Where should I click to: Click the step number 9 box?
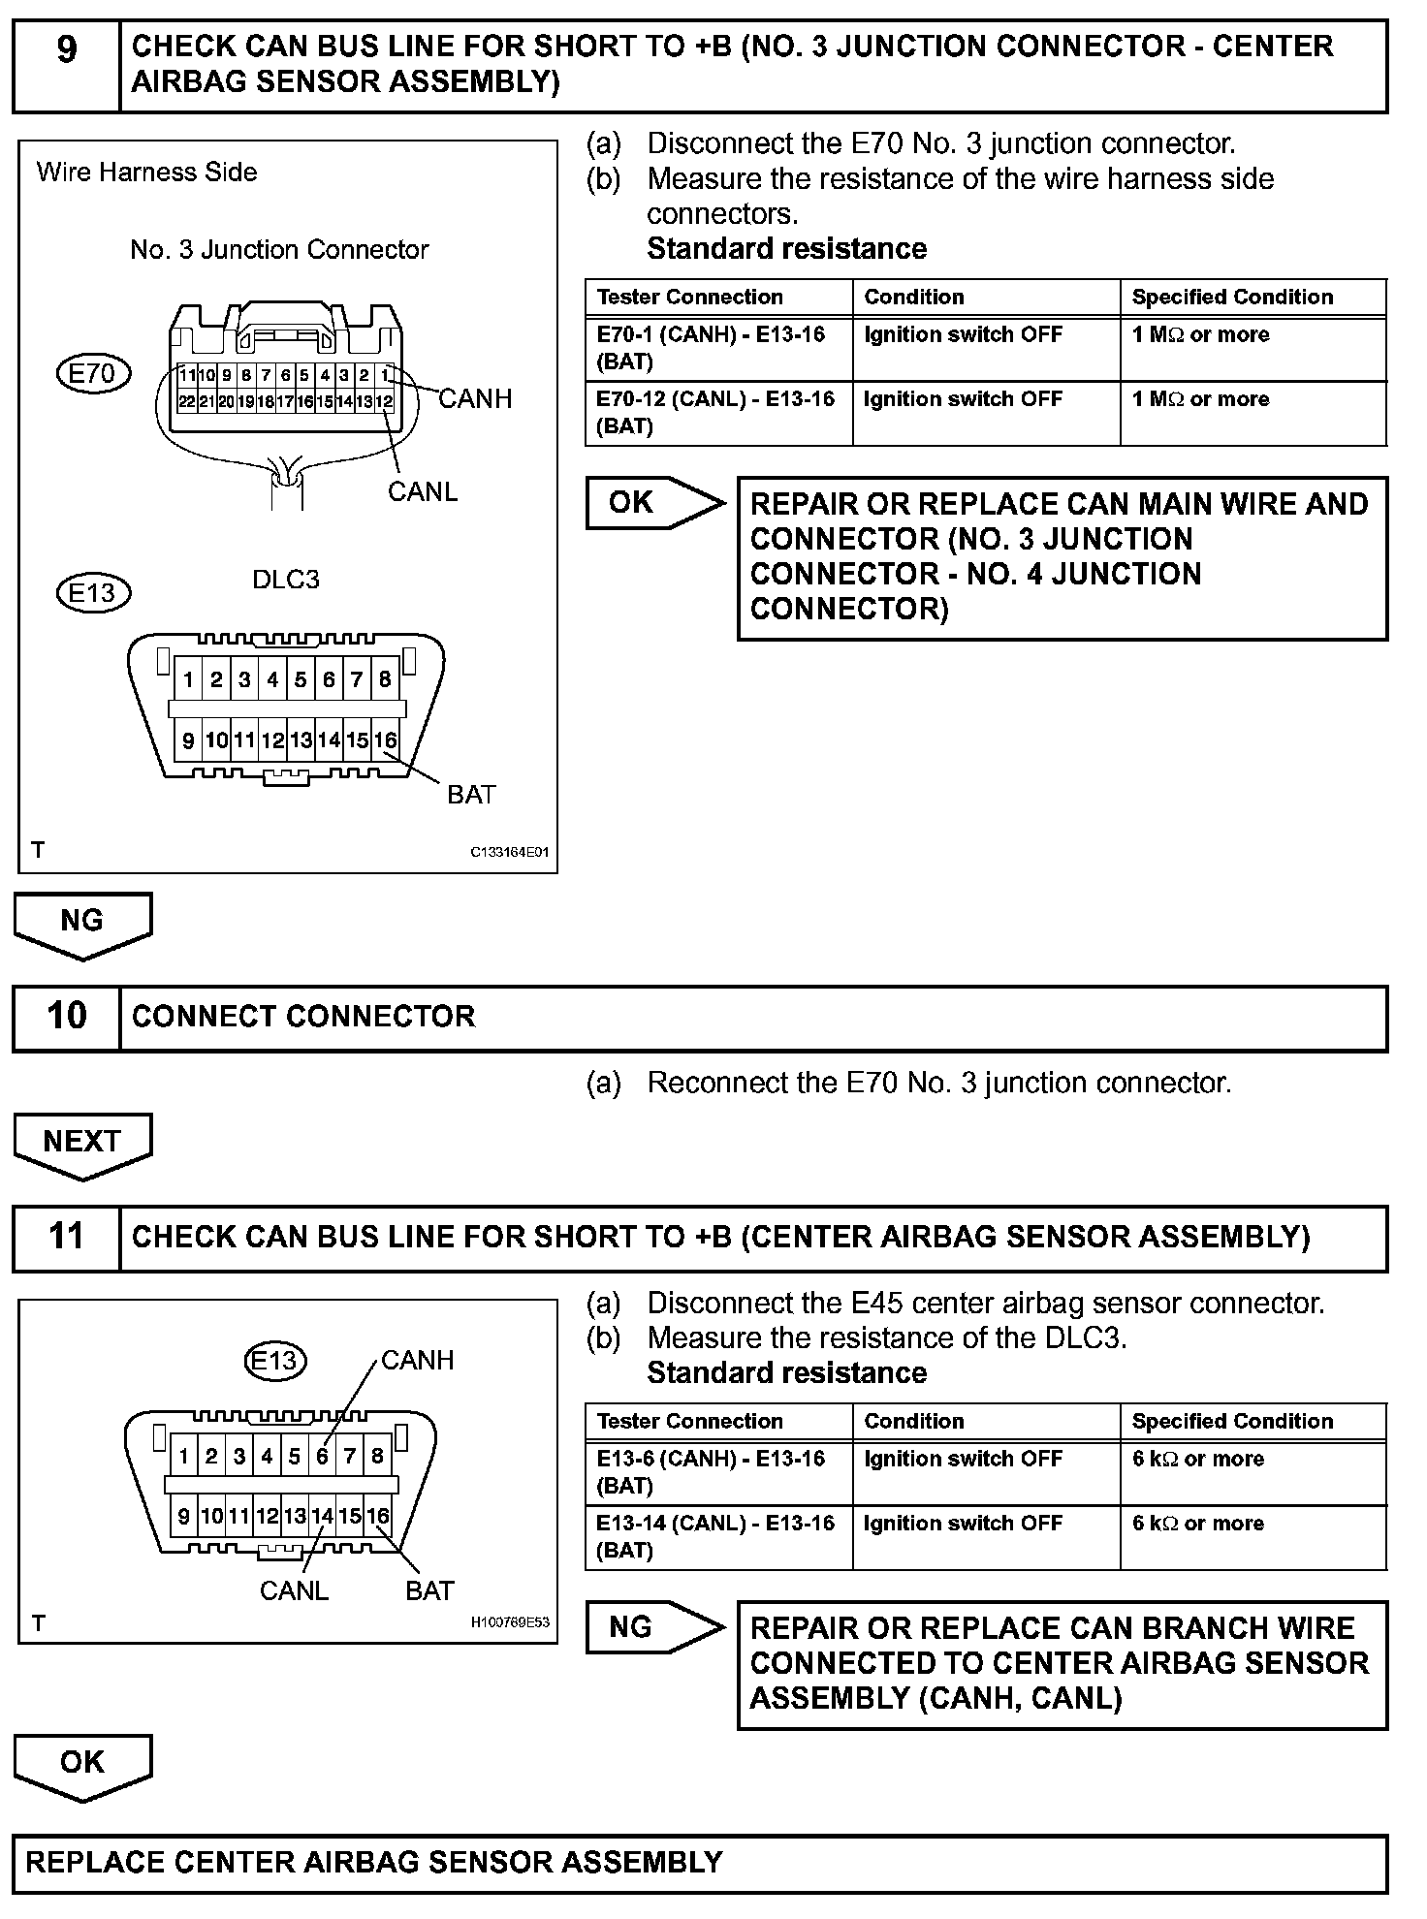(66, 65)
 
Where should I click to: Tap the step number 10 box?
(66, 1017)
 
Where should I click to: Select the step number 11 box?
(66, 1238)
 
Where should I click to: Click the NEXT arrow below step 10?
(82, 1143)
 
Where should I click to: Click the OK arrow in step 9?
(652, 503)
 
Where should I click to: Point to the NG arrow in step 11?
(652, 1627)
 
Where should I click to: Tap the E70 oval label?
(93, 374)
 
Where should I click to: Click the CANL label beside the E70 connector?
(423, 492)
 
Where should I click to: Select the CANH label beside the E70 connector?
(475, 399)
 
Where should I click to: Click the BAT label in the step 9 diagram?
(471, 795)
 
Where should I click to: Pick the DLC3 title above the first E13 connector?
(286, 580)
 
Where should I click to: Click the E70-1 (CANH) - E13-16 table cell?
(716, 348)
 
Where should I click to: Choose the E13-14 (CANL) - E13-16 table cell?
(716, 1536)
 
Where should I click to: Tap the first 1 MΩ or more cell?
(1200, 335)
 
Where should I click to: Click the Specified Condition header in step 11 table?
(1232, 1421)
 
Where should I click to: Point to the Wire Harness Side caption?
(147, 173)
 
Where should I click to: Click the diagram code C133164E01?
(510, 853)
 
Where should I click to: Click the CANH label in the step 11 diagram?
(417, 1361)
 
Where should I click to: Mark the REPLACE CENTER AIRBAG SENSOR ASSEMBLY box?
(699, 1862)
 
